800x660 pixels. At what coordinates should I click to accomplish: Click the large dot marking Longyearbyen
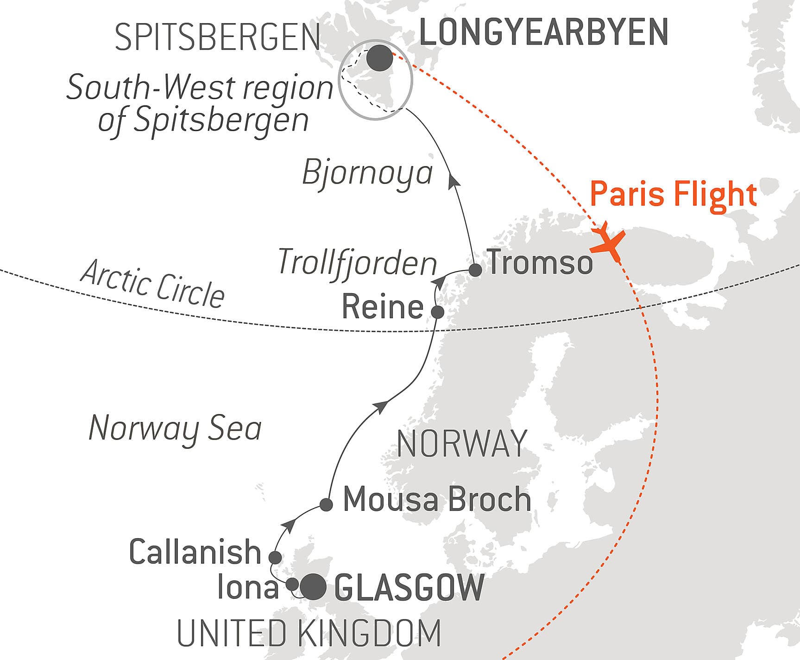[x=379, y=58]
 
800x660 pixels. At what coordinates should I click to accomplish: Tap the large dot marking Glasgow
[x=313, y=586]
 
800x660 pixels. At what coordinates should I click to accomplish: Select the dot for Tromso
[x=475, y=270]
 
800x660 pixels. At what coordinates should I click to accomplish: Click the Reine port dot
[x=438, y=312]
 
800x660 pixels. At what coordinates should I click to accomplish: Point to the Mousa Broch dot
[x=327, y=504]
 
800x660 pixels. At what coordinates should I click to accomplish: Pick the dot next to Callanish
[x=275, y=557]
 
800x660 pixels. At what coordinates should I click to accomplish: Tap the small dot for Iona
[x=292, y=584]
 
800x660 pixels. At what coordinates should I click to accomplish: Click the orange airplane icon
[x=608, y=243]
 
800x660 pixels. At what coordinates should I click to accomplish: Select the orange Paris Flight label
[x=673, y=195]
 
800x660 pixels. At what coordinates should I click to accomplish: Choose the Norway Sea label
[x=175, y=428]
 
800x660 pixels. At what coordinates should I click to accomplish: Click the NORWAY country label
[x=462, y=444]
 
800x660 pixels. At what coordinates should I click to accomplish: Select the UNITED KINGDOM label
[x=309, y=633]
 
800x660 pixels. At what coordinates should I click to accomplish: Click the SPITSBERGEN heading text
[x=217, y=37]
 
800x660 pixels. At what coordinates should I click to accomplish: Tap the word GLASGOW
[x=409, y=587]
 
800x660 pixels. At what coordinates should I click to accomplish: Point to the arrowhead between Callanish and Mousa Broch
[x=290, y=525]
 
